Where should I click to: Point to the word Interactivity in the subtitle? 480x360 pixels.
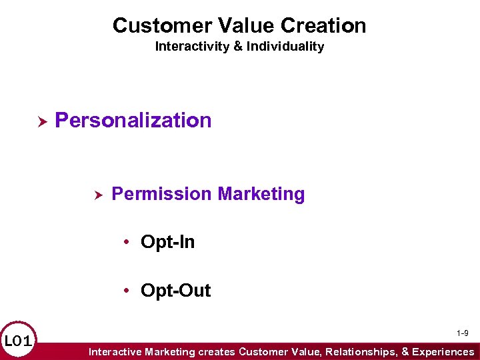tap(189, 47)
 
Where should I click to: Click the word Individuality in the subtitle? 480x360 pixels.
tap(287, 47)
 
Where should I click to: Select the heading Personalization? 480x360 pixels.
tap(133, 121)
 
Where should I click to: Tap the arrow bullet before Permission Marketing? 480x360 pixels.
tap(97, 195)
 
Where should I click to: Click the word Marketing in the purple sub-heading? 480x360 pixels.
tap(261, 194)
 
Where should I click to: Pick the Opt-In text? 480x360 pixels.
tap(167, 242)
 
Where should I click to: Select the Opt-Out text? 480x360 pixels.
tap(175, 291)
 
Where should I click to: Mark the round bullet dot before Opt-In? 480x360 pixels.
tap(127, 243)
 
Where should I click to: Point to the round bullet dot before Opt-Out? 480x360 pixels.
tap(127, 291)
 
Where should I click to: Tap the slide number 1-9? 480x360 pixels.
tap(462, 333)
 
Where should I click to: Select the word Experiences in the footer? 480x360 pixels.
tap(443, 351)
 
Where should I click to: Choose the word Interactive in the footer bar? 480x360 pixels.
tap(114, 351)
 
